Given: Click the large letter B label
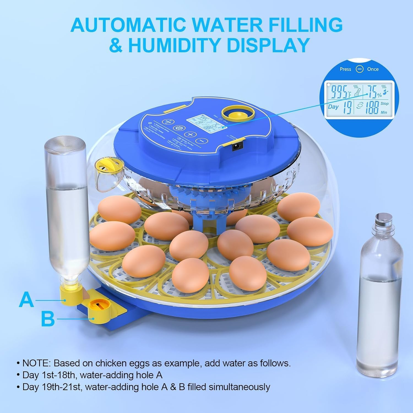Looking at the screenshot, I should [x=48, y=319].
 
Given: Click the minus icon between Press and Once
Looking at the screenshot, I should [x=359, y=69].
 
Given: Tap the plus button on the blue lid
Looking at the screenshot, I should [x=190, y=135].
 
